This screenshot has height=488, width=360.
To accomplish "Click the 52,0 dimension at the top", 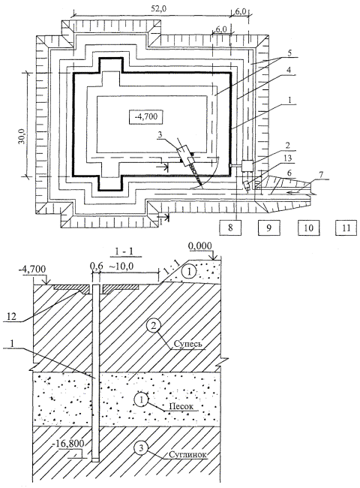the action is tap(158, 9).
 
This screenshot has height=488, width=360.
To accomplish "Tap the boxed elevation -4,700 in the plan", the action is tap(145, 117).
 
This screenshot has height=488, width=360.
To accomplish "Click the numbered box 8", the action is tap(230, 227).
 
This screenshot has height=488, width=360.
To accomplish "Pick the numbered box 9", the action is tap(268, 227).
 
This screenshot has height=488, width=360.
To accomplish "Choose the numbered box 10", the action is tap(308, 227).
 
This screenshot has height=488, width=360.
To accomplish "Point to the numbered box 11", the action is tap(346, 227).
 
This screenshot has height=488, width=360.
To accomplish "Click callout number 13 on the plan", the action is tap(288, 158).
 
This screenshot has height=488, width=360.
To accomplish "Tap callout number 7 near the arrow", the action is tap(321, 175).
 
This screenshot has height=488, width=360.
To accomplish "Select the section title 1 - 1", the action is tap(124, 252).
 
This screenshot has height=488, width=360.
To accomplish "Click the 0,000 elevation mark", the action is tap(200, 246).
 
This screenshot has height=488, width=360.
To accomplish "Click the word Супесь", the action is tap(187, 344).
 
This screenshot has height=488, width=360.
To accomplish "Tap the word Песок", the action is tap(181, 406).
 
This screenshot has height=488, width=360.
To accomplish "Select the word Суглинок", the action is tap(187, 454).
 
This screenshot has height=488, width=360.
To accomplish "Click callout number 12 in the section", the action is tap(11, 317).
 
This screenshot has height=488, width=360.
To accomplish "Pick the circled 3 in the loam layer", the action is tap(141, 448).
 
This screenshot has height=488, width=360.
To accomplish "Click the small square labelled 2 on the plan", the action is tap(247, 165).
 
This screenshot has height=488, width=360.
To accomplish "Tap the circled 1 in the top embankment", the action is tap(190, 272).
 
